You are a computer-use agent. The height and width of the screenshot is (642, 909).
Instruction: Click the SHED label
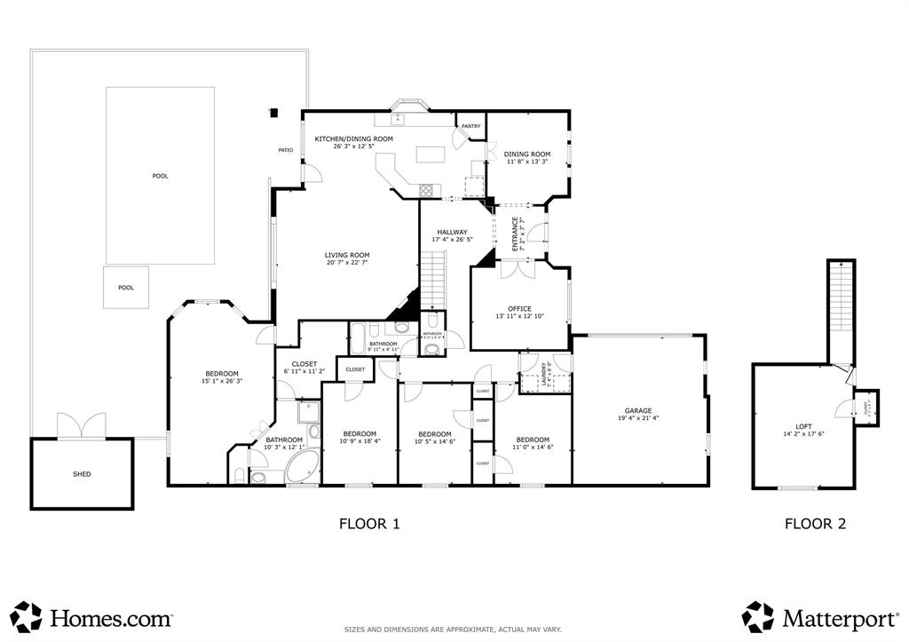(82, 474)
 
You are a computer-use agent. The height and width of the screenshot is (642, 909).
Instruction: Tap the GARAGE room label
(637, 410)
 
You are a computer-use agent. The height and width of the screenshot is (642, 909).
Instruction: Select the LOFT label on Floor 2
(803, 426)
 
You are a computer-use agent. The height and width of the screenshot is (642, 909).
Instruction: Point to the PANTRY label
(470, 126)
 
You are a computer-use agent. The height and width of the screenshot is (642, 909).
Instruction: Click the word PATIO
(286, 150)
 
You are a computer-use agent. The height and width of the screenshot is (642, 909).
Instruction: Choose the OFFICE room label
(519, 309)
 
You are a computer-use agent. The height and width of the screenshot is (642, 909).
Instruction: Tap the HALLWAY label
(452, 232)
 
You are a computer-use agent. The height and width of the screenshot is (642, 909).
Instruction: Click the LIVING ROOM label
(346, 255)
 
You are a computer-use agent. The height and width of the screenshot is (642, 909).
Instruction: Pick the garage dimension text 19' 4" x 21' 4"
(637, 418)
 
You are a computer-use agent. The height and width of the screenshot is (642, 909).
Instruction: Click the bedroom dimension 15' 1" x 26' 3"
(222, 381)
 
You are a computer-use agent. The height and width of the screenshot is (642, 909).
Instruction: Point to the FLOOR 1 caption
(369, 524)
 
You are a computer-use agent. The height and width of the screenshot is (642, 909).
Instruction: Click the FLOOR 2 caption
(815, 524)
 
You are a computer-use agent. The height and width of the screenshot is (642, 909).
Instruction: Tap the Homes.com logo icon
(27, 616)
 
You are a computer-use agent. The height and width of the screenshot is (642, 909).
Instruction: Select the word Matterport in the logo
(839, 616)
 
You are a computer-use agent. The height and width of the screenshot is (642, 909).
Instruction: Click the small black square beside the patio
(273, 113)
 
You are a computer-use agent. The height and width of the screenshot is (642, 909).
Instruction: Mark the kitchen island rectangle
(431, 155)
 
